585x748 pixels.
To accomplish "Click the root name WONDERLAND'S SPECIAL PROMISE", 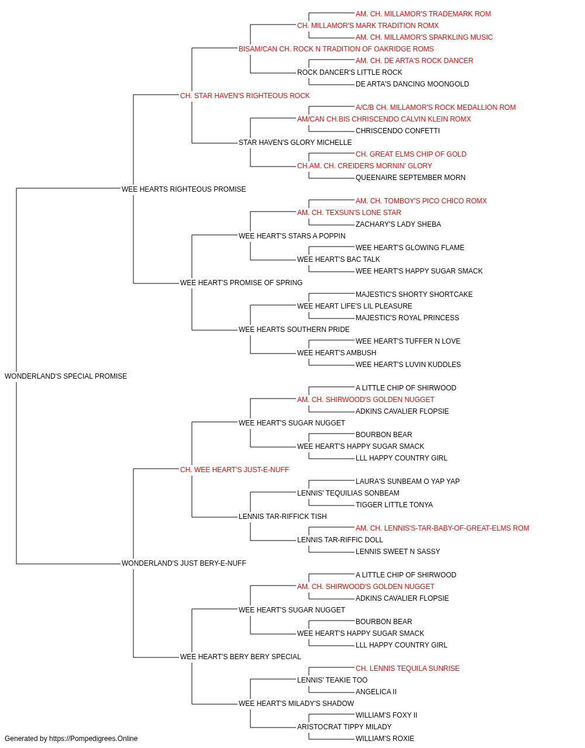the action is [66, 376].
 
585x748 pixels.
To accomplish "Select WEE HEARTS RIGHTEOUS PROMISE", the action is [184, 189].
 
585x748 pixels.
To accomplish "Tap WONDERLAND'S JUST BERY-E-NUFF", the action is [184, 563].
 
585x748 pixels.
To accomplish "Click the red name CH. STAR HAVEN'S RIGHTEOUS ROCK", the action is [245, 96].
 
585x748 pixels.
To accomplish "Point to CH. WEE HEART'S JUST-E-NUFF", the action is [234, 470].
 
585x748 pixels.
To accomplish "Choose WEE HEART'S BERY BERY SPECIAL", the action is [240, 657].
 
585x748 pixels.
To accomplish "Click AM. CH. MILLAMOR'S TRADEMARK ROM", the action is [423, 14].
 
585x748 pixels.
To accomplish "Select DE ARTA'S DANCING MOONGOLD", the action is [412, 84].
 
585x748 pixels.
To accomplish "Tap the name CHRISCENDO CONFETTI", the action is [398, 131].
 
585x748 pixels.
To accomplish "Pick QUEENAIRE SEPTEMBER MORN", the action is [410, 178].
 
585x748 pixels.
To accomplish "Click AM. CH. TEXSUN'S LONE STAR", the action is [349, 213].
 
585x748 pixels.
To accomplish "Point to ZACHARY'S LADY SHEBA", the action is [398, 224].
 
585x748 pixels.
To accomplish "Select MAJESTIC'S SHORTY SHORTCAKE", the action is [414, 295].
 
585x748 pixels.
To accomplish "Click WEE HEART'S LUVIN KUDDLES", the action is [408, 365].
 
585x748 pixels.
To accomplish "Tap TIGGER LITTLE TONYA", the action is [394, 505].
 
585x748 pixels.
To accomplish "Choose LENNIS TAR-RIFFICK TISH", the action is [283, 517].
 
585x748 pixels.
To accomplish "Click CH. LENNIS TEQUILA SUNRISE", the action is [408, 669].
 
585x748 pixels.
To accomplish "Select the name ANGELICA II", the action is [376, 692].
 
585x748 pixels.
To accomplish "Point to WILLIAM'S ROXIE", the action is [385, 739].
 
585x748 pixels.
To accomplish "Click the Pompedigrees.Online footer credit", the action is [71, 739].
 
